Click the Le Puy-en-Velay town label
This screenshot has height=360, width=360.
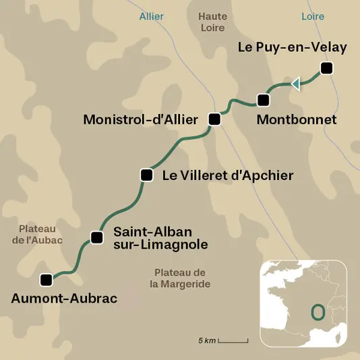pos(293,47)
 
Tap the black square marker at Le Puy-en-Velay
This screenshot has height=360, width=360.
pos(327,67)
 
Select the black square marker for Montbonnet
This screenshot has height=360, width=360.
pos(263,100)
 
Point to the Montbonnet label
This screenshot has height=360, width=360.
pos(297,119)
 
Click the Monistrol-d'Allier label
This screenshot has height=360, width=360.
pos(140,119)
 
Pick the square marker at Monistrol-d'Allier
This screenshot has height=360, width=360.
pos(214,119)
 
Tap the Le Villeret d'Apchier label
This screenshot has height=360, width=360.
pos(228,175)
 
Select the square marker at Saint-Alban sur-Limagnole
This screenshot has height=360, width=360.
pos(97,237)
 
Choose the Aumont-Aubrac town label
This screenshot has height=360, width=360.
pos(64,297)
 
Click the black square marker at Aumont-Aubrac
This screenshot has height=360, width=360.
pos(46,279)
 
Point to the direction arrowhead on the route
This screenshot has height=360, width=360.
pos(295,84)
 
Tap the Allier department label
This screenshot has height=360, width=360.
pos(151,16)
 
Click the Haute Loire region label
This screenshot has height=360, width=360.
pos(213,22)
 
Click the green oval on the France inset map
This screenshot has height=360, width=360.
pos(317,312)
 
